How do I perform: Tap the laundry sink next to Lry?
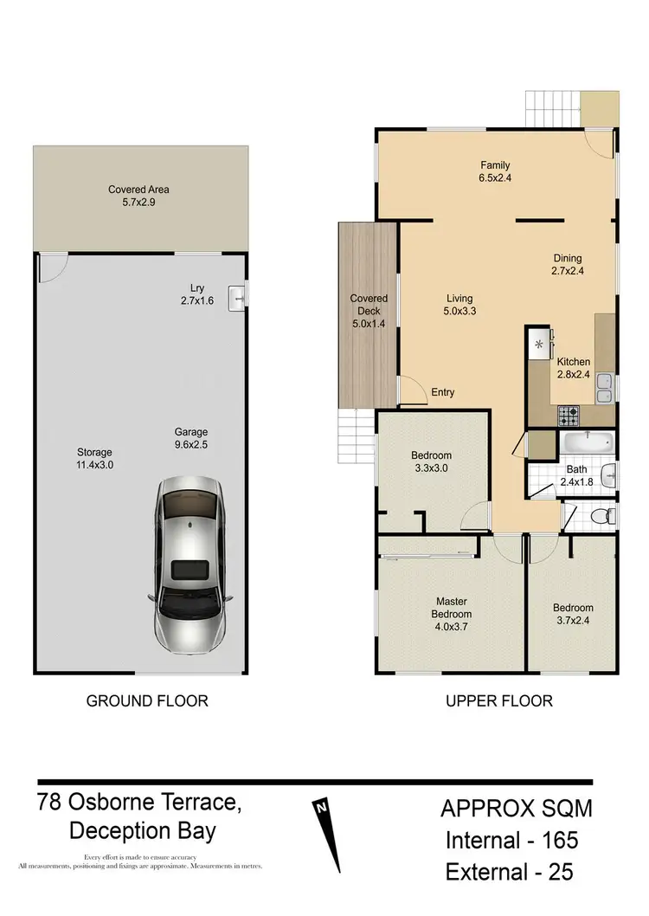point(237,297)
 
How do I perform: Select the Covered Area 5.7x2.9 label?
point(138,196)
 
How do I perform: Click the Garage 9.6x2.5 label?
point(190,438)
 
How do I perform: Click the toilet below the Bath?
point(598,516)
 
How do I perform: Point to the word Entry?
point(442,392)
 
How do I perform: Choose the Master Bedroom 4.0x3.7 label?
point(451,608)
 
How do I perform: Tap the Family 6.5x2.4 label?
point(495,171)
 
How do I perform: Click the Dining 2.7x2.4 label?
point(568,264)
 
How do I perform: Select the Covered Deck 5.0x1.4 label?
point(369,310)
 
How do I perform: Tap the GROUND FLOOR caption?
point(147,700)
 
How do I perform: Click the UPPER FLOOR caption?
point(498,700)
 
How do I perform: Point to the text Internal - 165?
point(511,839)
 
